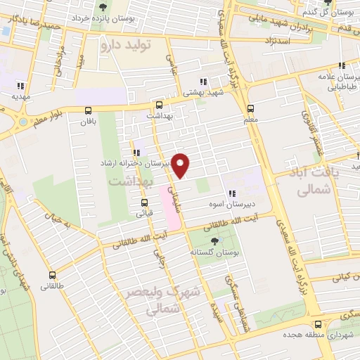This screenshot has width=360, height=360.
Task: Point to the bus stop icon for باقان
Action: point(88,110)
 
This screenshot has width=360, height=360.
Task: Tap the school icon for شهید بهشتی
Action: point(203,81)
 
